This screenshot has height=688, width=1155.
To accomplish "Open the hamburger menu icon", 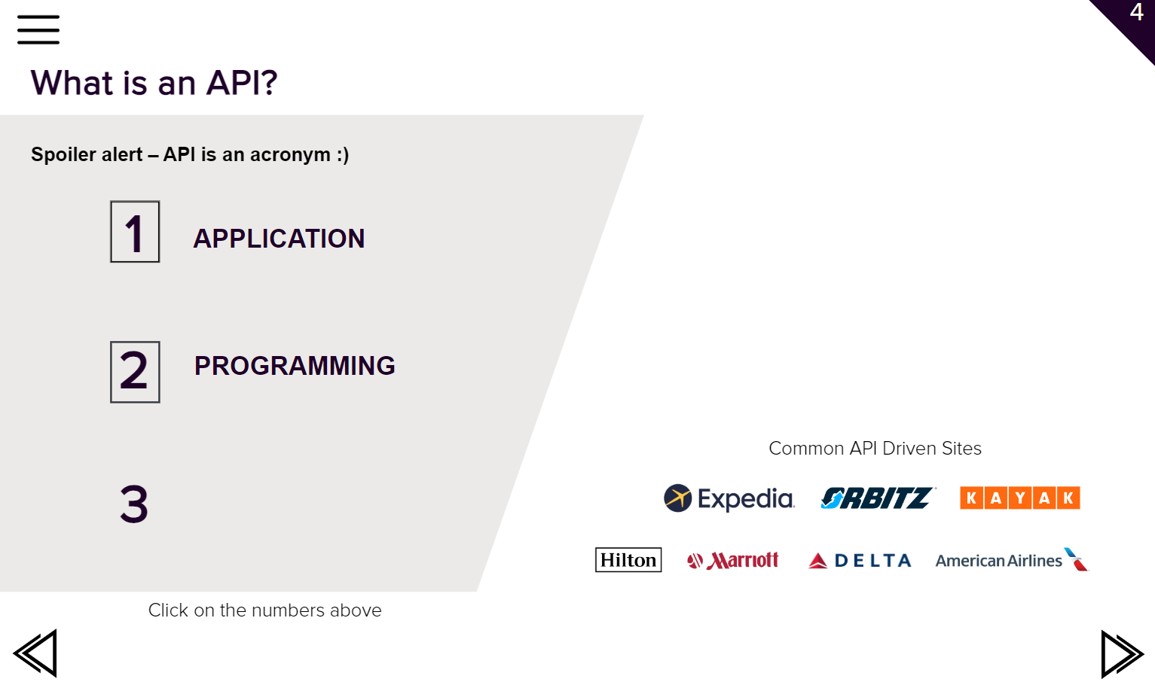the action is [38, 30].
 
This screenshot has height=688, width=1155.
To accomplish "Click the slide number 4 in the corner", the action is [1136, 12].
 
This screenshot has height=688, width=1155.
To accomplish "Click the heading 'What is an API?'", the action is [154, 82].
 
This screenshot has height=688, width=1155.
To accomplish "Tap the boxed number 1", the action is [135, 232].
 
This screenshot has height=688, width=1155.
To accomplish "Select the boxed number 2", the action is [135, 372].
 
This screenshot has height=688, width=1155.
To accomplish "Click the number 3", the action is [134, 504].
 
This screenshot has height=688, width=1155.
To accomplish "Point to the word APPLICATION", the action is [279, 239].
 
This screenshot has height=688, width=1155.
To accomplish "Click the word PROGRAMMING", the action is [295, 366].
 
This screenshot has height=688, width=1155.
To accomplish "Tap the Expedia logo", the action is [729, 498].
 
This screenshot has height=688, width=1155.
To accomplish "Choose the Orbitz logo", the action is [878, 498].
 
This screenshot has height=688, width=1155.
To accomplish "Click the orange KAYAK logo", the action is [1020, 498].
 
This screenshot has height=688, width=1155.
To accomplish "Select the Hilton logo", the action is [628, 560].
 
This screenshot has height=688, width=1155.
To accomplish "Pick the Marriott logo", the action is [732, 560].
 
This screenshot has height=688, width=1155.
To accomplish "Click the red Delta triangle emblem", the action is [817, 561].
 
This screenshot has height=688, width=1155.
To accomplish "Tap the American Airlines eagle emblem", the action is [1076, 559].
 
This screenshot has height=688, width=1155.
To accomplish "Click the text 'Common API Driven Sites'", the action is [875, 449].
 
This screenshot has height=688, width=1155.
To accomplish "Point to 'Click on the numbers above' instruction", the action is [265, 610].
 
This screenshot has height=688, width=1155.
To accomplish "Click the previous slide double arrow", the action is [35, 653].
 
